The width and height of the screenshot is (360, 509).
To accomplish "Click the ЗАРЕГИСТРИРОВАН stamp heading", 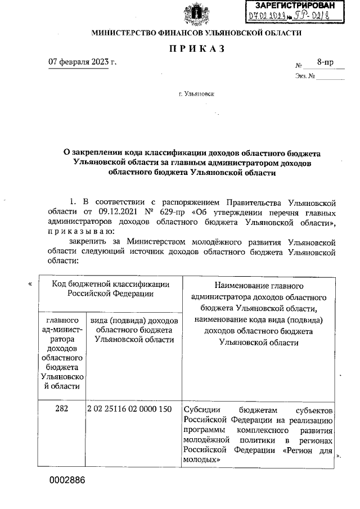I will [x=294, y=5].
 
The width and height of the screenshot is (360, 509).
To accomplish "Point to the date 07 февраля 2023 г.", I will [x=83, y=61].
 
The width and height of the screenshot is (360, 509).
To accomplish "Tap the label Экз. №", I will [x=304, y=76].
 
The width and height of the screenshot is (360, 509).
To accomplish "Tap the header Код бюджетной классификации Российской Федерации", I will [x=110, y=289].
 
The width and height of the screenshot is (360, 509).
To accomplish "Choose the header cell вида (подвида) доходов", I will [x=133, y=330].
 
